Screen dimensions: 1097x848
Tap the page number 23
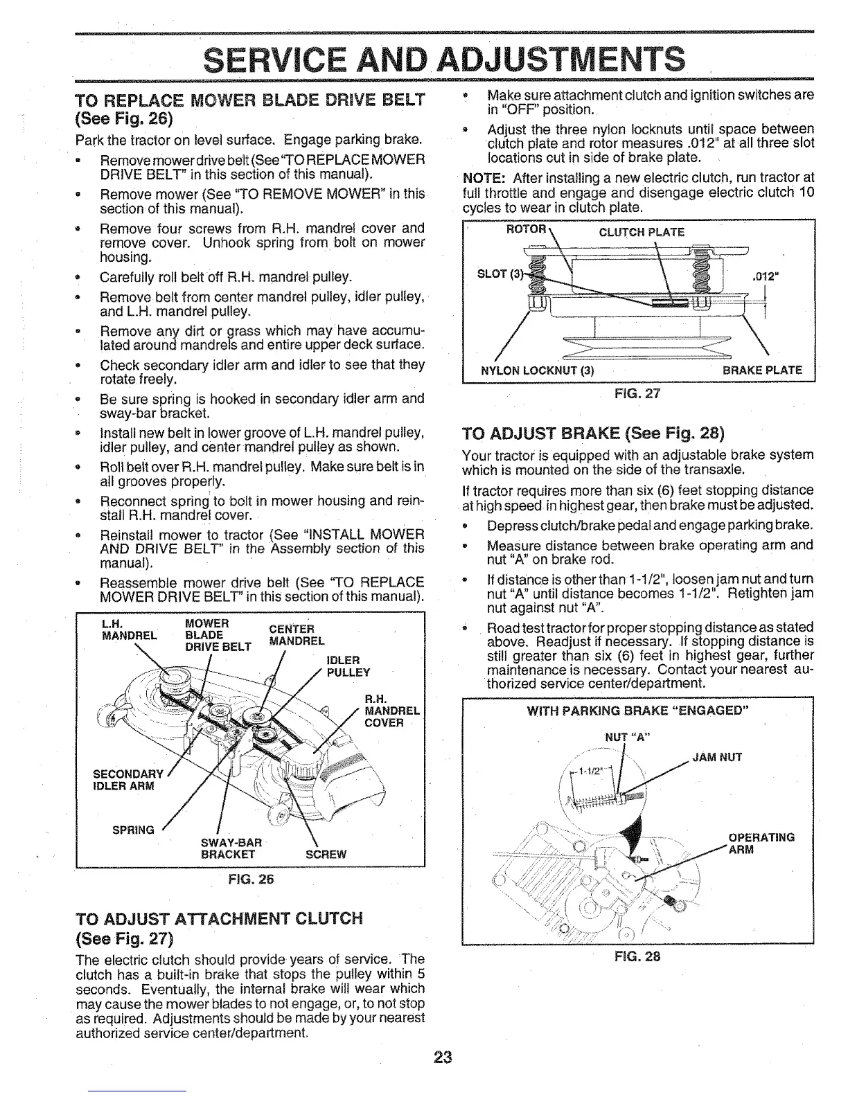[443, 1058]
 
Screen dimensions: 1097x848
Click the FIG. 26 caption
[250, 880]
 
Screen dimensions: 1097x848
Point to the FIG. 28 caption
[637, 956]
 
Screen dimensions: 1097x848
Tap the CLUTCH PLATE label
[641, 232]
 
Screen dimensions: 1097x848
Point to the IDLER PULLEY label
[348, 666]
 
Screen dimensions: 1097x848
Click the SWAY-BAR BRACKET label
[230, 848]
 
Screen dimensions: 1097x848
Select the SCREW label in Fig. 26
[326, 854]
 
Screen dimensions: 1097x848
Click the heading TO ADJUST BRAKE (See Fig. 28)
[592, 434]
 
